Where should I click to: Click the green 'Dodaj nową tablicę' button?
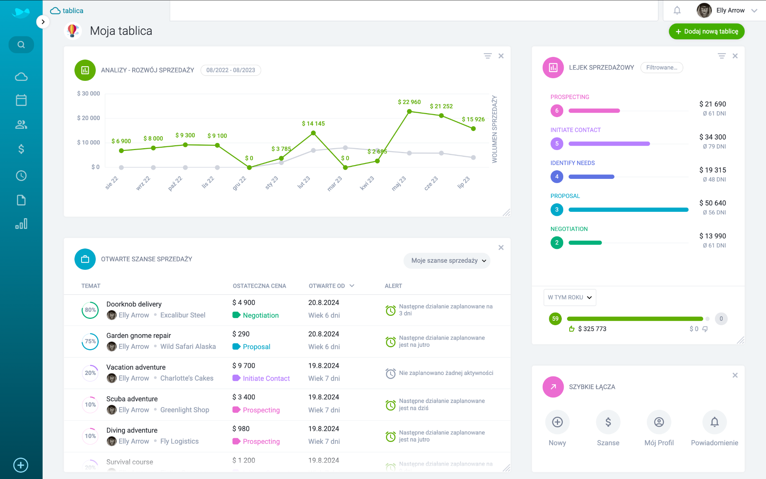coord(706,31)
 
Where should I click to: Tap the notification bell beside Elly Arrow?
coord(677,10)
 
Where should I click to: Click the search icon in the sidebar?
coord(21,45)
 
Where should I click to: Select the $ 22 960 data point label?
coord(409,102)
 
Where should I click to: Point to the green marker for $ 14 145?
coord(313,133)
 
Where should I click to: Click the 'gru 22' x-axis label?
coord(239,183)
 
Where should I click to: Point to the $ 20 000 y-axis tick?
coord(89,118)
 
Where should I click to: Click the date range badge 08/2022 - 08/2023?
coord(230,70)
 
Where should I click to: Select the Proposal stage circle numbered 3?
coord(557,210)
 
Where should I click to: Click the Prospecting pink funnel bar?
coord(594,111)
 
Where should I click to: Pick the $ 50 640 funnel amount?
coord(713,203)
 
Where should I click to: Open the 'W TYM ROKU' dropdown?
coord(570,298)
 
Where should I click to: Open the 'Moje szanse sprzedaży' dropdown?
coord(447,261)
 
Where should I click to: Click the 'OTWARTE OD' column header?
coord(327,286)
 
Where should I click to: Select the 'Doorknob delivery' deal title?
coord(134,304)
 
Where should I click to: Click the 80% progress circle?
coord(90,310)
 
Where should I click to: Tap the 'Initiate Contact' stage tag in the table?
coord(266,378)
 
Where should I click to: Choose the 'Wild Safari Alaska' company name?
coord(188,347)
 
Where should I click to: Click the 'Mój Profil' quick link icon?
coord(659,422)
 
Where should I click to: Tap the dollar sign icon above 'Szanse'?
coord(608,422)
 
